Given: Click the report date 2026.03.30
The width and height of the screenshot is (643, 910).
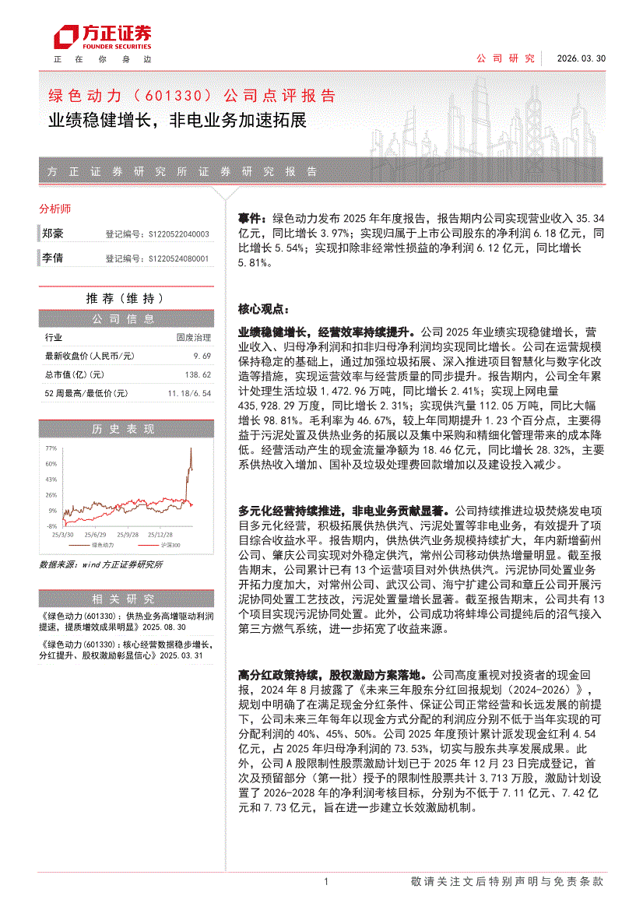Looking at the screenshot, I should [x=581, y=58].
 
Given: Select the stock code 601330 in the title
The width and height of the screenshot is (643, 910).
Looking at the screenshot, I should [x=174, y=97].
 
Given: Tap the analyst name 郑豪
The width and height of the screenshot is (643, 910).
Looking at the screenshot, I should [x=53, y=234].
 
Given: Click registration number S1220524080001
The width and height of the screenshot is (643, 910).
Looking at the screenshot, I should [x=177, y=258].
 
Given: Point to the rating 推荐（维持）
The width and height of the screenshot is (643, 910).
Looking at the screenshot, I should [x=125, y=298].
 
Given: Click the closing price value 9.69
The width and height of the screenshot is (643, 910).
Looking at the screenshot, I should [x=202, y=356].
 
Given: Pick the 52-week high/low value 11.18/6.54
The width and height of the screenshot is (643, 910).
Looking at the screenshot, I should [x=188, y=393].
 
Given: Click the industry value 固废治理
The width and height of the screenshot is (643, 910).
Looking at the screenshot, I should [x=193, y=337].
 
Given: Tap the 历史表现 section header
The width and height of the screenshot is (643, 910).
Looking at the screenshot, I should [x=125, y=429].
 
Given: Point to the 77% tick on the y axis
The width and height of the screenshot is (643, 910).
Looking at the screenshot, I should [x=51, y=449].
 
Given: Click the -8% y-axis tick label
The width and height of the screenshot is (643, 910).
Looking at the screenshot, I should [x=51, y=526].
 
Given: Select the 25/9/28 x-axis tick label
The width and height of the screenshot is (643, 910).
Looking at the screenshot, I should [x=128, y=535].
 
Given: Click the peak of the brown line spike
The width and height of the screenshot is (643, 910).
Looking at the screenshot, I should [x=191, y=449].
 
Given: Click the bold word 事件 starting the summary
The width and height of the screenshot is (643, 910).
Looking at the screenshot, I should [x=249, y=219].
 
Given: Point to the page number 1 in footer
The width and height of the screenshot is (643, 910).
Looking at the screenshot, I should [x=326, y=881].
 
